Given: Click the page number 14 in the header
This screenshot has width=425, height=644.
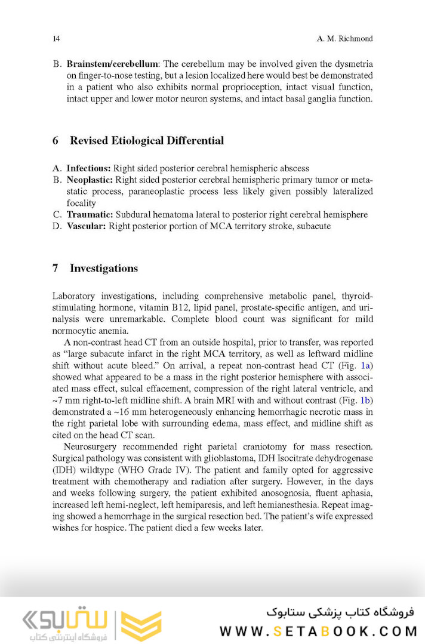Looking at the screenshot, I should tap(56, 39).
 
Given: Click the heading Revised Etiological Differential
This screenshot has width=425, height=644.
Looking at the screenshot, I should tap(147, 141).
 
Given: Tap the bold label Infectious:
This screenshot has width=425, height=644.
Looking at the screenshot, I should tap(89, 168).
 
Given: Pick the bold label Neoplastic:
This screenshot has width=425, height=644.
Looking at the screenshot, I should tap(90, 180).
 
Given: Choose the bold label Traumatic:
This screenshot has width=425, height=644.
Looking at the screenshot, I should tap(90, 215).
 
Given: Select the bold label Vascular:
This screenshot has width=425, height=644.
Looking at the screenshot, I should tap(87, 226).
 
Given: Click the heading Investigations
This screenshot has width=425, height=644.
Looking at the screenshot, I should tap(104, 268).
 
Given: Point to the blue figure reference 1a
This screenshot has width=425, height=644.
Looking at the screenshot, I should tap(367, 365).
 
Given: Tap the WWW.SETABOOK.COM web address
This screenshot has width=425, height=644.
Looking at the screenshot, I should tap(317, 630).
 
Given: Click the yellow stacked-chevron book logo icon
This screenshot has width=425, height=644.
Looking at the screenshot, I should tap(141, 625).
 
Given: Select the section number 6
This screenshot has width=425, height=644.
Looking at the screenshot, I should tap(56, 141).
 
